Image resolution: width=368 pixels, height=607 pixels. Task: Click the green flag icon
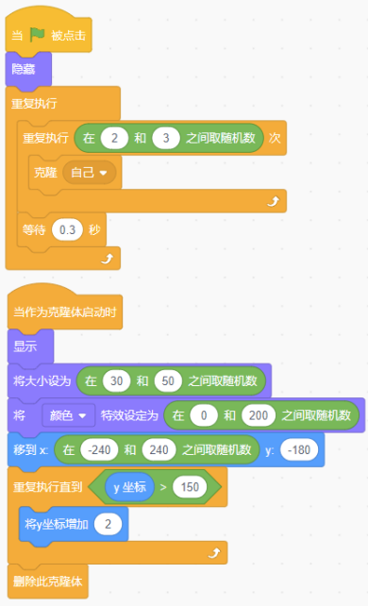(38, 35)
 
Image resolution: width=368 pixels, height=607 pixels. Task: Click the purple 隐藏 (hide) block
(28, 69)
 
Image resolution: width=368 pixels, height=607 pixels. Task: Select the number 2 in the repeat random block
(114, 138)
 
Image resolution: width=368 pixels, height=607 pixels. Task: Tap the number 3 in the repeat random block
(166, 138)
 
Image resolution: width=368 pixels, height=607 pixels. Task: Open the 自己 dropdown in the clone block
(89, 172)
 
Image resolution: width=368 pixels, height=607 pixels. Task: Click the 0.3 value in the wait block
(67, 230)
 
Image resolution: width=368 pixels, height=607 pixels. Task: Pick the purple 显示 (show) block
(30, 346)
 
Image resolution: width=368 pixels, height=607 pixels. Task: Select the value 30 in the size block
(116, 381)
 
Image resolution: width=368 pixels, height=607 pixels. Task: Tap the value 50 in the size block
(168, 381)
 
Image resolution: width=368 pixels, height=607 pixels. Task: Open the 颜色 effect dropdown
(69, 415)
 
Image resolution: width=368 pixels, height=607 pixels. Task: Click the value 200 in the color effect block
(259, 415)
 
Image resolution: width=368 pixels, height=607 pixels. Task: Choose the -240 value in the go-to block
(99, 450)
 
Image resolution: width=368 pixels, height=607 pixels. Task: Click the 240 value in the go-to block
(159, 450)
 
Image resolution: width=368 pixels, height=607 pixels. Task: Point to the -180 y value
(299, 450)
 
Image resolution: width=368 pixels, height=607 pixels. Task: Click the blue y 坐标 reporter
(129, 487)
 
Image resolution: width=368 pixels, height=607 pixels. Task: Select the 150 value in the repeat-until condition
(190, 487)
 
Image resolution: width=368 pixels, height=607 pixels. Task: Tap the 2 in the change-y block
(108, 525)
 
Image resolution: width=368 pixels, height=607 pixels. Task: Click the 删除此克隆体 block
(48, 582)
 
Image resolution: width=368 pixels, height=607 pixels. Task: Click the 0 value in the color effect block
(204, 415)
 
